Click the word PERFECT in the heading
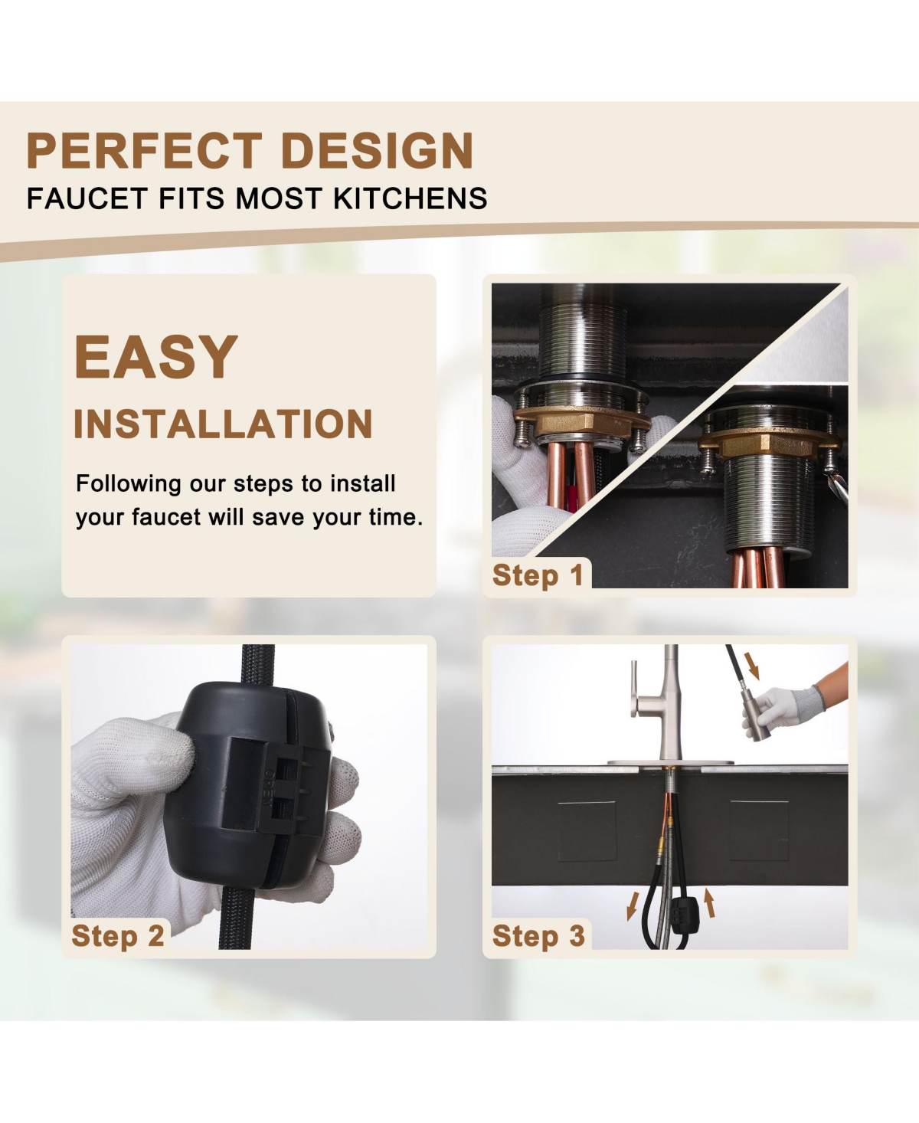point(144,151)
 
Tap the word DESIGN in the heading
point(378,151)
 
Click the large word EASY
point(156,356)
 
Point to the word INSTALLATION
point(223,424)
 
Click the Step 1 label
point(538,575)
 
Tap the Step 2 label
point(117,935)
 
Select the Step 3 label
point(538,935)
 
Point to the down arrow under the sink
point(633,905)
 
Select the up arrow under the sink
point(710,902)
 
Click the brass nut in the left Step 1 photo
point(571,423)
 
